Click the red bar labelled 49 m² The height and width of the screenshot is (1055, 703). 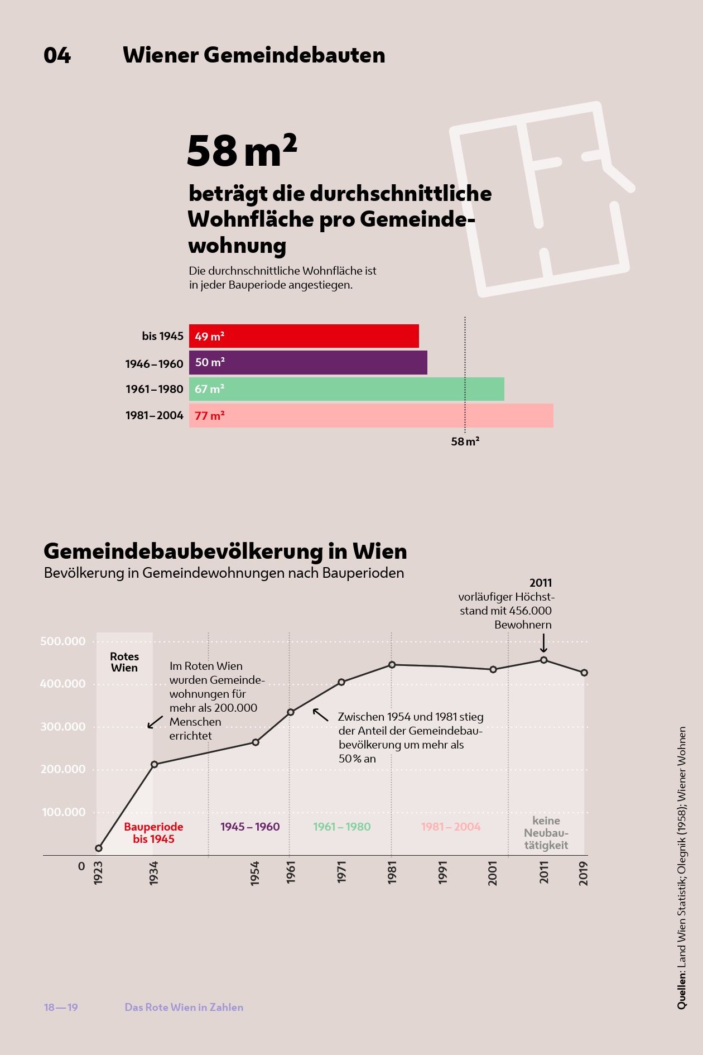304,336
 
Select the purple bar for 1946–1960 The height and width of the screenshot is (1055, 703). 308,362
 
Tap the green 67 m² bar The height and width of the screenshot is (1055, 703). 346,389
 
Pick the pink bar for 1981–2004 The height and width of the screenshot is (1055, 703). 371,415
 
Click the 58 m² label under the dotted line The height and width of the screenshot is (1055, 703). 465,442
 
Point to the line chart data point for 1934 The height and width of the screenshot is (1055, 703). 155,764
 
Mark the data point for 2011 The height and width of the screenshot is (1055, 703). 544,660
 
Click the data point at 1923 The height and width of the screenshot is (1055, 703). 99,848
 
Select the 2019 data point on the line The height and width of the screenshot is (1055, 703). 584,673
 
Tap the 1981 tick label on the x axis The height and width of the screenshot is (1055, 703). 392,872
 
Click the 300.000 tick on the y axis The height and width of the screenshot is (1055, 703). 63,727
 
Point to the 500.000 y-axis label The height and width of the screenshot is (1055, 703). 63,641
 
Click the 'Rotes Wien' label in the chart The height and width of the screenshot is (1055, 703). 124,662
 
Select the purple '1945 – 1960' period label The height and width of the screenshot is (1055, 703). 250,827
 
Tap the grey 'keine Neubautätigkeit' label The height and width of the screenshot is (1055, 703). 546,833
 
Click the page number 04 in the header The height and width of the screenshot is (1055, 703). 57,55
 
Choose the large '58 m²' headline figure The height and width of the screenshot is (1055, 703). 242,151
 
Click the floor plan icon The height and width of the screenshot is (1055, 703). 541,198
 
